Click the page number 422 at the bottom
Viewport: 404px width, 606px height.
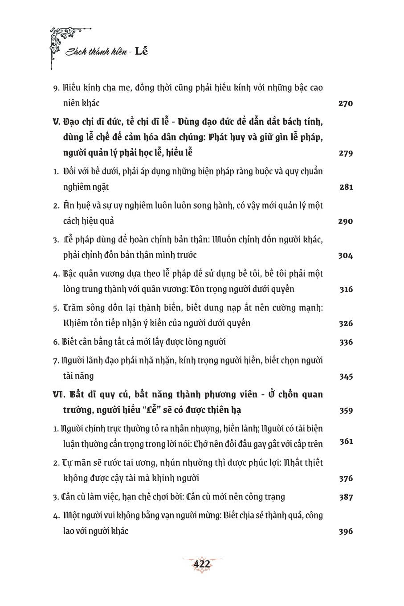(x=201, y=564)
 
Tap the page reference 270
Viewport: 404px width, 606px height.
(x=346, y=104)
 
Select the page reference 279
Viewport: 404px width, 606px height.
(x=346, y=153)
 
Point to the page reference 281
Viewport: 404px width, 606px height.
(x=346, y=187)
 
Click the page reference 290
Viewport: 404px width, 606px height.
(x=346, y=221)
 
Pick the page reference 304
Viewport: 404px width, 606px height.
(x=346, y=256)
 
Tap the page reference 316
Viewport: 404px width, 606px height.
(x=346, y=290)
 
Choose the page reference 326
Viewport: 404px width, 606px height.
(x=346, y=323)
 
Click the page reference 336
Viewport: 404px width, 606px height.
(x=346, y=342)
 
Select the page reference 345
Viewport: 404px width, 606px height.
(x=346, y=377)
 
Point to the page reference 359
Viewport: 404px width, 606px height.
(x=346, y=410)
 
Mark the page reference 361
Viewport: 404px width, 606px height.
(x=346, y=442)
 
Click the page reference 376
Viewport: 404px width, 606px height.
(x=346, y=479)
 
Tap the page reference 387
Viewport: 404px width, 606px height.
(x=346, y=497)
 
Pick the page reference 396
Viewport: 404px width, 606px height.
(x=346, y=531)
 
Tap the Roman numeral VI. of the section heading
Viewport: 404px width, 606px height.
(x=59, y=395)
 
